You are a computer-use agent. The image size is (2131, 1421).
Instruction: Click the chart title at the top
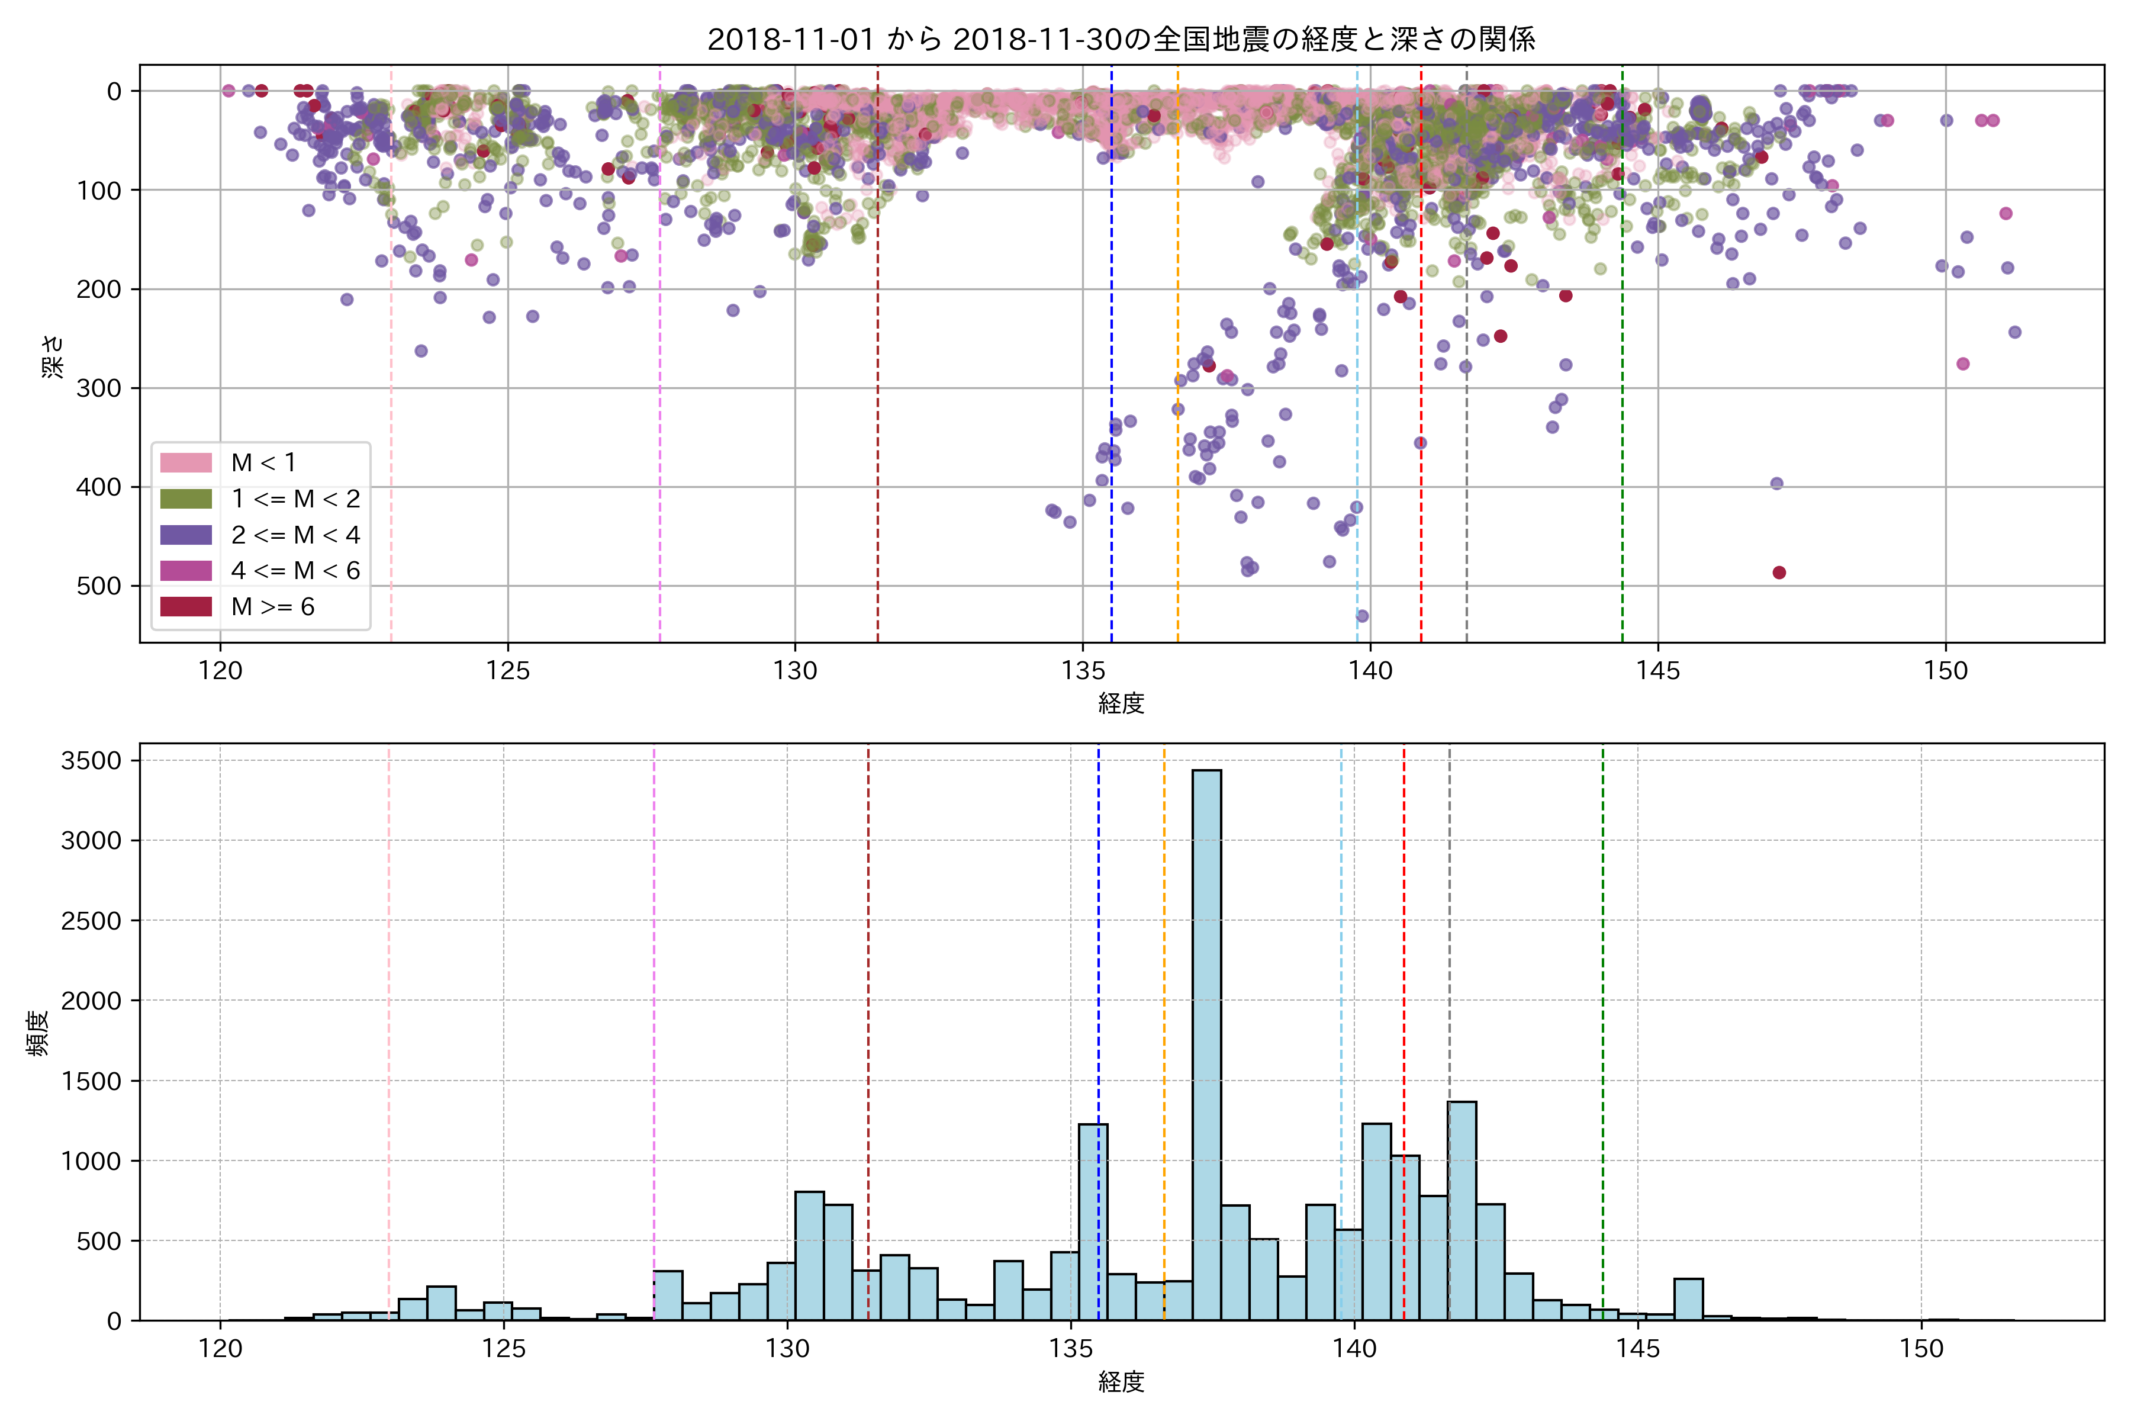point(1121,39)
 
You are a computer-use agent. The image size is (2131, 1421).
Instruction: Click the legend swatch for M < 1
point(186,463)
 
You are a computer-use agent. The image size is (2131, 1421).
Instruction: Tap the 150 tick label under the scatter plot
point(1945,671)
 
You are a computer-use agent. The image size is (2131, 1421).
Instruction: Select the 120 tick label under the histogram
point(220,1349)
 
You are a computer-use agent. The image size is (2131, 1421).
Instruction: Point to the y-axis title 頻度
point(38,1033)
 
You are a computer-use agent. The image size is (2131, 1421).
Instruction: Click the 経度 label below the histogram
point(1121,1382)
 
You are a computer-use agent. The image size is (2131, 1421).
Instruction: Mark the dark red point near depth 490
point(1779,573)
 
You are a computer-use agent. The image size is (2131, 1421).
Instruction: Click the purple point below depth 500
point(1362,616)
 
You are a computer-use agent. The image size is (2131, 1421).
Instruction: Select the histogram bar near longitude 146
point(1688,1298)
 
